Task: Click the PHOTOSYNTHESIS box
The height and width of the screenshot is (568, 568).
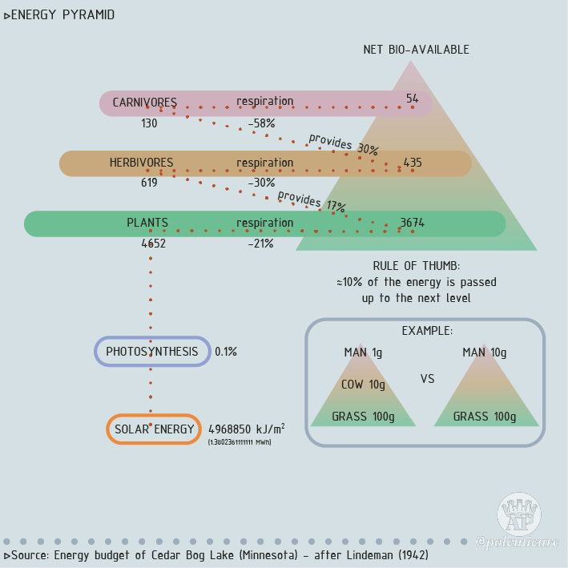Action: pyautogui.click(x=152, y=351)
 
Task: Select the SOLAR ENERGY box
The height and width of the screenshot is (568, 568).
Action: pyautogui.click(x=154, y=429)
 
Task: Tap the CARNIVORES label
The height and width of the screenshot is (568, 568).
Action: pyautogui.click(x=144, y=102)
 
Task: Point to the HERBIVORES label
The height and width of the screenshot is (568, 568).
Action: pyautogui.click(x=141, y=163)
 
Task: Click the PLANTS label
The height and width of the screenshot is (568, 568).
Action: pyautogui.click(x=147, y=223)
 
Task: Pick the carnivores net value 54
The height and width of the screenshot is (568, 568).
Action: pyautogui.click(x=412, y=99)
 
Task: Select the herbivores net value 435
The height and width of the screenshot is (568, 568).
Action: pyautogui.click(x=412, y=163)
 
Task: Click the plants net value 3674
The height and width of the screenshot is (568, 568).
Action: pyautogui.click(x=412, y=223)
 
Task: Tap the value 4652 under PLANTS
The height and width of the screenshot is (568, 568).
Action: pyautogui.click(x=153, y=244)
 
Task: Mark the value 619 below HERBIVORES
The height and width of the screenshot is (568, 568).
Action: pyautogui.click(x=149, y=183)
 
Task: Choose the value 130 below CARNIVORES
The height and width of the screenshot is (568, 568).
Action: pyautogui.click(x=149, y=123)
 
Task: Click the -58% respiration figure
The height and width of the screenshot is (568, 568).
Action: pyautogui.click(x=261, y=123)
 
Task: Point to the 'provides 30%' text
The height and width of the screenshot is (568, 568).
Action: pyautogui.click(x=344, y=144)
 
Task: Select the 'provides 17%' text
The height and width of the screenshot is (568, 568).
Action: pyautogui.click(x=312, y=200)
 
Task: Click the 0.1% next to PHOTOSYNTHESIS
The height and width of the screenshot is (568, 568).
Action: pyautogui.click(x=226, y=352)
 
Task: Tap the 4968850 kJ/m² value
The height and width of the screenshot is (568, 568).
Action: pyautogui.click(x=246, y=429)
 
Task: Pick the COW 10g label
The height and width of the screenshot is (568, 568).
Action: pyautogui.click(x=363, y=385)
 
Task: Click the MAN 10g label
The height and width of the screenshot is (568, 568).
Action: pyautogui.click(x=484, y=352)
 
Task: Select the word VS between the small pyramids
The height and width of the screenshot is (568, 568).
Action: pyautogui.click(x=427, y=379)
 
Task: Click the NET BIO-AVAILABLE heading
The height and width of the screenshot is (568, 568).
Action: pyautogui.click(x=416, y=50)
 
